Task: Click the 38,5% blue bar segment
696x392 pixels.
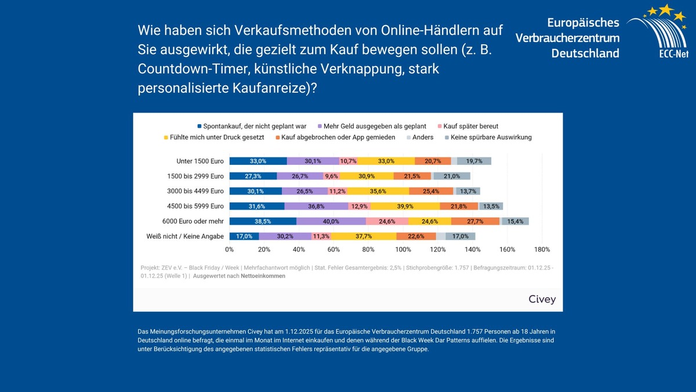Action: coord(263,221)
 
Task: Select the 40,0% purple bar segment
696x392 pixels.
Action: coord(331,221)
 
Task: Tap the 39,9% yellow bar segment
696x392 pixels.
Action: coord(405,206)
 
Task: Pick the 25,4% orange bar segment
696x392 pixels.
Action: coord(431,191)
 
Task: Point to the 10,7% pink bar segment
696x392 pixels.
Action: coord(348,161)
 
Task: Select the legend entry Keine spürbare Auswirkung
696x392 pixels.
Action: coord(491,138)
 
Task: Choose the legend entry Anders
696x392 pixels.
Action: coord(425,138)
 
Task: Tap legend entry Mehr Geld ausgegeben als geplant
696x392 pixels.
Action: coord(375,126)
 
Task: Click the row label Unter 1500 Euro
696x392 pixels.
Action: coord(200,161)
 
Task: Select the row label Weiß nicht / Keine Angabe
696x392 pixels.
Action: coord(185,236)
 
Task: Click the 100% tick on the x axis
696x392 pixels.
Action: coord(403,250)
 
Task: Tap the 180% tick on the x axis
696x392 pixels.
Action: coord(542,250)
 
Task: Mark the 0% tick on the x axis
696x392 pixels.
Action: coord(230,250)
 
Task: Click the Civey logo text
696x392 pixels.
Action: coord(542,300)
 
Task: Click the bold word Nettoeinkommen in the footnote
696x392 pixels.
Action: coord(263,276)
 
